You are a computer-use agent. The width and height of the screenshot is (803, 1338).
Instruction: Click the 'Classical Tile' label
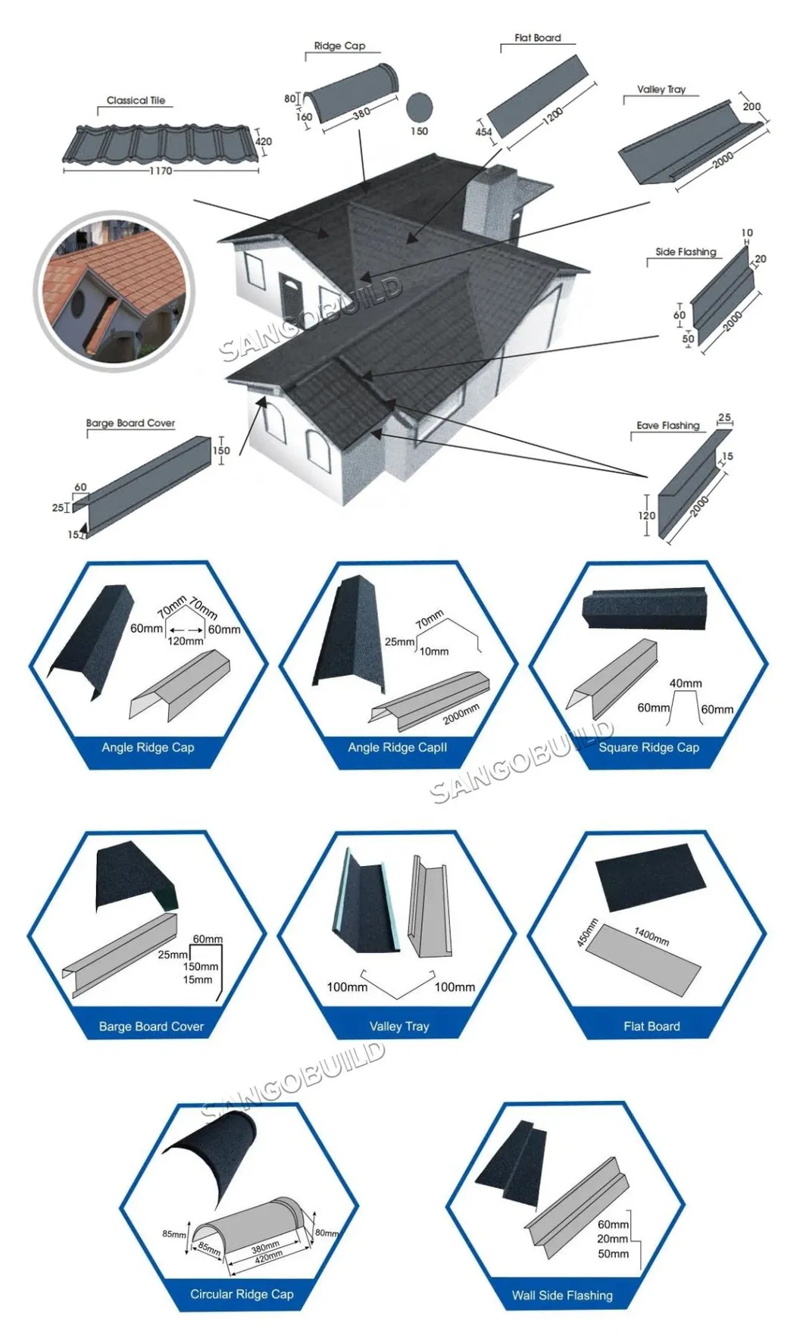[x=136, y=100]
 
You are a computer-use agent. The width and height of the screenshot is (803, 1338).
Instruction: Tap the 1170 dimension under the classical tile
[x=160, y=171]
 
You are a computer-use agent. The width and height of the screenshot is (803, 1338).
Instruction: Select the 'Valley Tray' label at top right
[x=661, y=89]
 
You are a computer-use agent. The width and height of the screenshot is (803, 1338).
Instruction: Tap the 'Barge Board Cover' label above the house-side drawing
[x=130, y=423]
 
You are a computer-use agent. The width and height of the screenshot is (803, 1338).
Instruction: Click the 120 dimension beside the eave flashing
[x=646, y=515]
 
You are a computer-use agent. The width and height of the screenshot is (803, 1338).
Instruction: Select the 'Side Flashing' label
[x=686, y=252]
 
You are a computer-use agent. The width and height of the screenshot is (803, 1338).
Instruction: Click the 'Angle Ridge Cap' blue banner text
[x=148, y=747]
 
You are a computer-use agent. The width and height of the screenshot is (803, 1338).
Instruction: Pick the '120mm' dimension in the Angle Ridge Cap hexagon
[x=185, y=641]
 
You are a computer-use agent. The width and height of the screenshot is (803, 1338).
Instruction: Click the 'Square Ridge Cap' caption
[x=648, y=747]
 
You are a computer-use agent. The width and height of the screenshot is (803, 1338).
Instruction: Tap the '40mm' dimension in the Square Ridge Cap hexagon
[x=686, y=683]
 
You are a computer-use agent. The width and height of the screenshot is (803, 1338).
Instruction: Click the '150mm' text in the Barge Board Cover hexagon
[x=200, y=966]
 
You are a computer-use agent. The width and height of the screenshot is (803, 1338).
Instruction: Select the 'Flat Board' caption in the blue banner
[x=651, y=1026]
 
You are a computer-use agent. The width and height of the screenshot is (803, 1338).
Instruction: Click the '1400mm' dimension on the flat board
[x=651, y=936]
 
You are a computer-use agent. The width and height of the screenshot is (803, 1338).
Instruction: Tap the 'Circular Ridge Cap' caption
[x=242, y=1294]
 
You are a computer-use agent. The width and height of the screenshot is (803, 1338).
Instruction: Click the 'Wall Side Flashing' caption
[x=562, y=1295]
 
